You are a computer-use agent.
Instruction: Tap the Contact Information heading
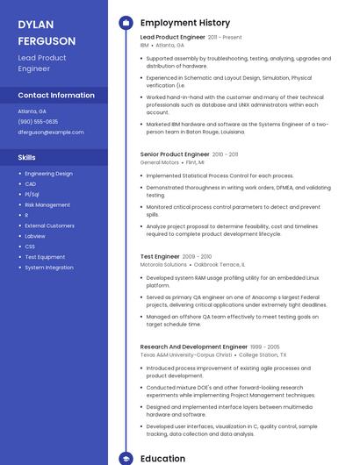click(x=56, y=95)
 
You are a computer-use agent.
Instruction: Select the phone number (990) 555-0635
click(x=38, y=122)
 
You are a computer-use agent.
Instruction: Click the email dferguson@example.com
click(x=51, y=132)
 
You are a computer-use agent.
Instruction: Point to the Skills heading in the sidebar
click(x=27, y=157)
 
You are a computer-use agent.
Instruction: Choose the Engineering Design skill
click(x=48, y=174)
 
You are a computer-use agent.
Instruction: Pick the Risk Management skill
click(x=47, y=204)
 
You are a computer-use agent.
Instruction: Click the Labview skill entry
click(x=35, y=236)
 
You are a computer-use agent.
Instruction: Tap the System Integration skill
click(x=49, y=268)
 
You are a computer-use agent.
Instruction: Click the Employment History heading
click(x=185, y=23)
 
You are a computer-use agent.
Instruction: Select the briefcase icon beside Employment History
click(x=125, y=23)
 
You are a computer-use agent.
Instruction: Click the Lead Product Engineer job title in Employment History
click(x=172, y=37)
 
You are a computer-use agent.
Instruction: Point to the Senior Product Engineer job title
click(x=174, y=154)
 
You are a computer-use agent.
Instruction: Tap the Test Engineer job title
click(x=160, y=256)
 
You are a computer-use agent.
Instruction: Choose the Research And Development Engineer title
click(x=194, y=347)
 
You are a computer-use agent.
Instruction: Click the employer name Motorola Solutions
click(x=163, y=264)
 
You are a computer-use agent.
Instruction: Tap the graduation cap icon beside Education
click(x=125, y=458)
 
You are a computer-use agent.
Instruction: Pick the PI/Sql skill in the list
click(x=32, y=195)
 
